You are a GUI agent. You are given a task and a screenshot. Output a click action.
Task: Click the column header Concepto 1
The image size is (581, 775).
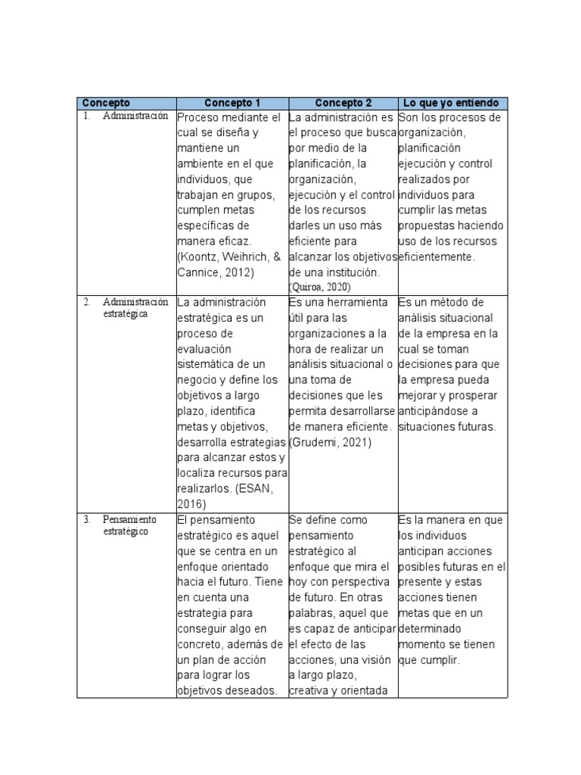pos(231,103)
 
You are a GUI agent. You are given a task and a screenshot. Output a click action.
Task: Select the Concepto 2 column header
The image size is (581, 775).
pos(343,103)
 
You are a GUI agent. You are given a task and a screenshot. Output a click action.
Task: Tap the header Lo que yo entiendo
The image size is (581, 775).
pos(452,103)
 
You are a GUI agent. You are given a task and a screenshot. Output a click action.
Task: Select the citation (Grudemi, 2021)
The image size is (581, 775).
pos(331,442)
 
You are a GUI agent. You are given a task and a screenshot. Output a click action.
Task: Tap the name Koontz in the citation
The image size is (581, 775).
pos(199,257)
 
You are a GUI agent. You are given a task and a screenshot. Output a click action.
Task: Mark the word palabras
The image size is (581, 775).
pos(313,612)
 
